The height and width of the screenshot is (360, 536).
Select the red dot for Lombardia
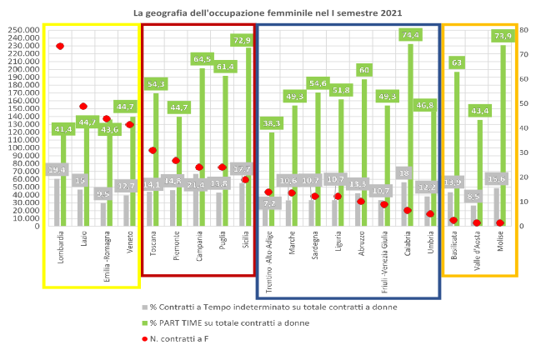(x=60, y=47)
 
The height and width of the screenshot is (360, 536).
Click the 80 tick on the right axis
(x=523, y=29)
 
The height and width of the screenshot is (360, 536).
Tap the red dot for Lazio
(x=83, y=106)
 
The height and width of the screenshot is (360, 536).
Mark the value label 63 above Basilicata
(x=456, y=62)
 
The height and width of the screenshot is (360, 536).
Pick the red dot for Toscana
(x=153, y=150)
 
